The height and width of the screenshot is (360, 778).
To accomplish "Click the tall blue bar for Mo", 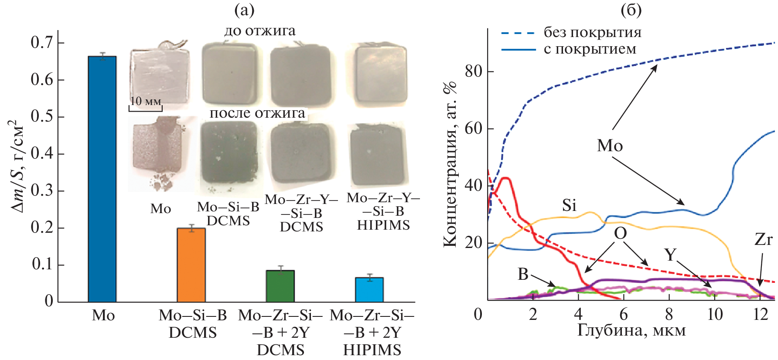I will pyautogui.click(x=102, y=179).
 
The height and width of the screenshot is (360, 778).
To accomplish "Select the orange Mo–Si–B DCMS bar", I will pyautogui.click(x=191, y=265).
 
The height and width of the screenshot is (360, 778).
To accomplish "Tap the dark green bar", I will pyautogui.click(x=280, y=286).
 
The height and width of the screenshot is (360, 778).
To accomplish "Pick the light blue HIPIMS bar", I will pyautogui.click(x=369, y=289).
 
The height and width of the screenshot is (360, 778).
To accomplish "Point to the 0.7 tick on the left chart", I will pyautogui.click(x=42, y=43).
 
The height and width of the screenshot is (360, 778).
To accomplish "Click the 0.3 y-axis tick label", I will pyautogui.click(x=42, y=190).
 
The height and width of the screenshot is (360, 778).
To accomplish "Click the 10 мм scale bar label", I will pyautogui.click(x=146, y=101).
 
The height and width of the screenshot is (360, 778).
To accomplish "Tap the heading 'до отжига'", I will pyautogui.click(x=259, y=31).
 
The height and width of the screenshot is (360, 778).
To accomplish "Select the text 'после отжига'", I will pyautogui.click(x=257, y=113).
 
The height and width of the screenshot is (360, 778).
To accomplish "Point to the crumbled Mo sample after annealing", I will pyautogui.click(x=158, y=150).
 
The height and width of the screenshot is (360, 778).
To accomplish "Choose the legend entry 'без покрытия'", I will pyautogui.click(x=592, y=32).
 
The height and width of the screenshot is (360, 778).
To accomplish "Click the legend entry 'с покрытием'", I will pyautogui.click(x=590, y=49).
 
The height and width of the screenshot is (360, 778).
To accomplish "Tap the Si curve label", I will pyautogui.click(x=569, y=205).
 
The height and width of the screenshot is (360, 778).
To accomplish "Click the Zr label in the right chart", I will pyautogui.click(x=763, y=239).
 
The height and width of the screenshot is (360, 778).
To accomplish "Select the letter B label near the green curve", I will pyautogui.click(x=523, y=274).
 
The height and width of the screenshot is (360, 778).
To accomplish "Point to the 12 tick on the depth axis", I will pyautogui.click(x=760, y=314).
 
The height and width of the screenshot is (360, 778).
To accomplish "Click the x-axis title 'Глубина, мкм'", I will pyautogui.click(x=631, y=330).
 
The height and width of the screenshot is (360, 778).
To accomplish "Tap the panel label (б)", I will pyautogui.click(x=631, y=10).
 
